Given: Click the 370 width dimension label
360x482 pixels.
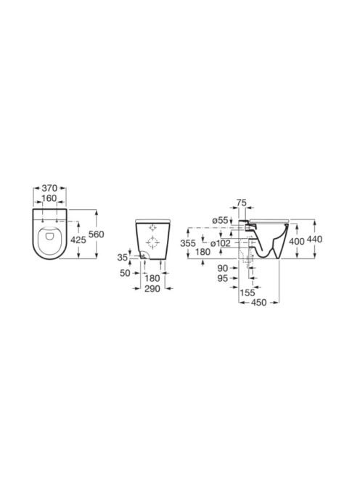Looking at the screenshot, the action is pos(49,188).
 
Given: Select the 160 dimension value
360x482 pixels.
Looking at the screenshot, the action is pos(49,199).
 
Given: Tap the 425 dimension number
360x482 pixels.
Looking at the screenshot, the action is pos(78,240).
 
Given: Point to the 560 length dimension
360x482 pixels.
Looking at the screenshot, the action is pos(97,234).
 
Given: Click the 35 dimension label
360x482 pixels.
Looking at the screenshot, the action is pos(123,257).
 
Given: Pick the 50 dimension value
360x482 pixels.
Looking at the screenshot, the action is pos(125,273).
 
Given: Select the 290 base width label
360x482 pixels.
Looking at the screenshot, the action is pos(152,289).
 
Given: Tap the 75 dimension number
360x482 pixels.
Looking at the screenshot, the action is pos(242,203).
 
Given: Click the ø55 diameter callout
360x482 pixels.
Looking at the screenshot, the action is pos(220,221).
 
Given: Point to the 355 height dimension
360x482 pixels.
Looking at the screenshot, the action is pos(188,243).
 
